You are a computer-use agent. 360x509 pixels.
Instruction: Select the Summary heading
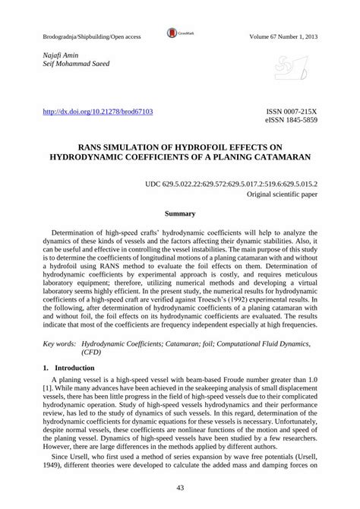pos(180,215)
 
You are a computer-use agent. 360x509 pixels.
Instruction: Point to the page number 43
pos(180,488)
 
